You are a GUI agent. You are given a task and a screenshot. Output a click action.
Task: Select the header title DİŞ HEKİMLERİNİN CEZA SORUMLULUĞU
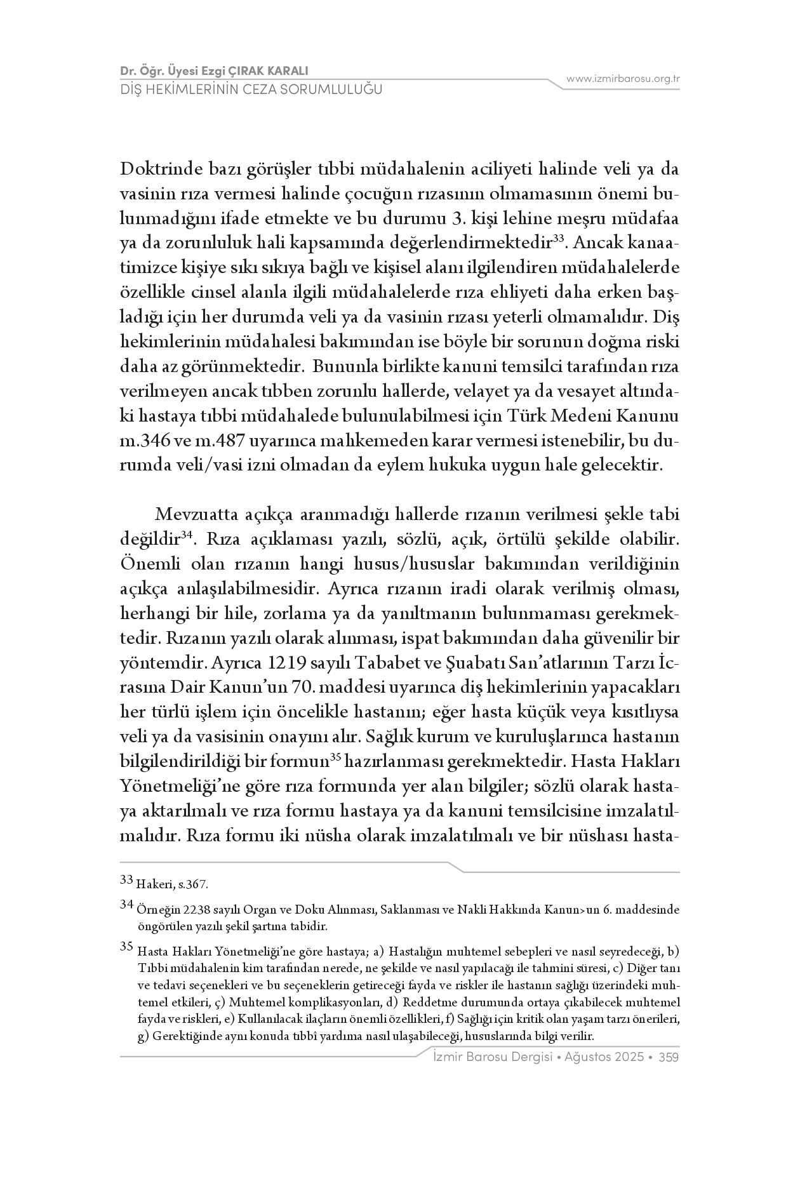point(251,90)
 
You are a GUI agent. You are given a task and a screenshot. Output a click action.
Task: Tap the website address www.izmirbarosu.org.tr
point(623,79)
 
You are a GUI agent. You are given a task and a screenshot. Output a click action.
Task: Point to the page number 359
point(670,1057)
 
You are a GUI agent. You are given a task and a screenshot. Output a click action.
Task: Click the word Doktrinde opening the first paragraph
point(160,170)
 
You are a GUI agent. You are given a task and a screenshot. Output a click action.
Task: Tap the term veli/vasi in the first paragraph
point(205,465)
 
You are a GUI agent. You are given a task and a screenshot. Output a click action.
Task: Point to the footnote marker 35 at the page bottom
point(126,947)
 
